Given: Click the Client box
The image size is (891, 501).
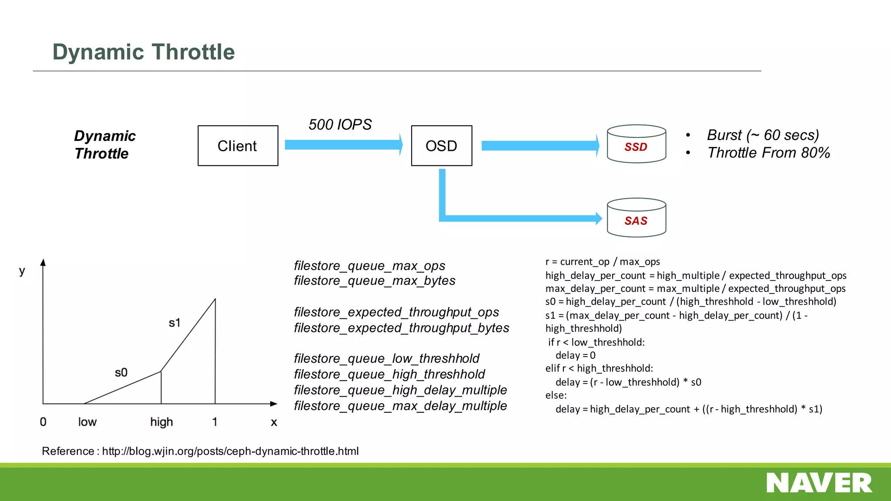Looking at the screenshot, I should point(238,146).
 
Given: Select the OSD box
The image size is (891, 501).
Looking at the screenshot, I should point(441,146).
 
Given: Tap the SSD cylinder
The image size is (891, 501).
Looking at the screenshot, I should point(636,144).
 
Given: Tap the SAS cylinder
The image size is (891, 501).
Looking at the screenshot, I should point(636,218).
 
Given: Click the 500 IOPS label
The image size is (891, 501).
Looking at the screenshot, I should point(340,125).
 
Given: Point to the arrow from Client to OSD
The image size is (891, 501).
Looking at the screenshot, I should point(343,145).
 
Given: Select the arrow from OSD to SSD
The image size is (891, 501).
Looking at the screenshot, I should point(539,146).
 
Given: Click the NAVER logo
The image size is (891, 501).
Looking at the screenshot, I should point(819,483).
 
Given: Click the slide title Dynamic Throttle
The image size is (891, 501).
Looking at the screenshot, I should point(144,52).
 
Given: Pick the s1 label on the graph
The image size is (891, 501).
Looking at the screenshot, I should point(174,323).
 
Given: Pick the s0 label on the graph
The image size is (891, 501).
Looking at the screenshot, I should point(121,373).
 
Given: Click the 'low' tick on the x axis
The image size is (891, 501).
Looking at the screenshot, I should point(87,422).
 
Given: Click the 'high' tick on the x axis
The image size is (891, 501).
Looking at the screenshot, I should point(161,422).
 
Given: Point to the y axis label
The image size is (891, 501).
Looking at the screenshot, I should point(22,271).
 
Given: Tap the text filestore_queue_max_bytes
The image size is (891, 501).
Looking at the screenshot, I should point(374,281).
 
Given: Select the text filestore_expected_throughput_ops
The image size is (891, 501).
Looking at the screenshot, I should point(396,312).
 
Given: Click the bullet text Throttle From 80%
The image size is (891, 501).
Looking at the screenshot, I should point(768,153).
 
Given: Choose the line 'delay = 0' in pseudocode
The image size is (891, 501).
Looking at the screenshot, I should point(575,355).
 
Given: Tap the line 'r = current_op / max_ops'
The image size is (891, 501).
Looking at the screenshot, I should point(603,262).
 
